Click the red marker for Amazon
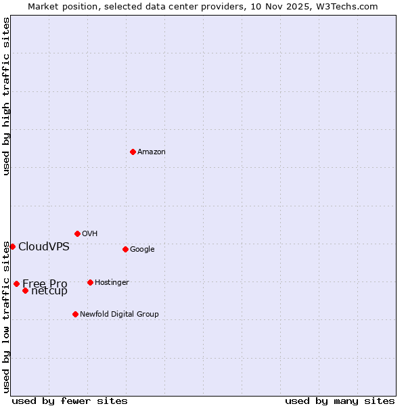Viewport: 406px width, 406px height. pyautogui.click(x=133, y=152)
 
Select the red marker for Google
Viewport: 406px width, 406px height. pyautogui.click(x=125, y=249)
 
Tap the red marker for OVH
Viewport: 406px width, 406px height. pyautogui.click(x=77, y=233)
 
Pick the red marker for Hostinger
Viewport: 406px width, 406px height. pyautogui.click(x=90, y=282)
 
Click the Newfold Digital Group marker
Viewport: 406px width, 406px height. pyautogui.click(x=75, y=314)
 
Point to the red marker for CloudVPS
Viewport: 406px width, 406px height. pyautogui.click(x=12, y=246)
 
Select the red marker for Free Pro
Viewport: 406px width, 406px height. pyautogui.click(x=16, y=284)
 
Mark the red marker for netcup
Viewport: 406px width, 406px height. pyautogui.click(x=25, y=290)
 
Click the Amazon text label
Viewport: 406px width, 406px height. pyautogui.click(x=152, y=152)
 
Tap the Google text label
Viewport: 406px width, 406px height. pyautogui.click(x=142, y=250)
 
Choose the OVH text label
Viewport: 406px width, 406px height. pyautogui.click(x=90, y=234)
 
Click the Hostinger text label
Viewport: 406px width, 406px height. pyautogui.click(x=112, y=283)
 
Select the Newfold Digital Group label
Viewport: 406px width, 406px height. pyautogui.click(x=119, y=315)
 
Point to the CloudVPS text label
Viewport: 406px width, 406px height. pyautogui.click(x=44, y=247)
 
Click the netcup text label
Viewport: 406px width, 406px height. pyautogui.click(x=50, y=292)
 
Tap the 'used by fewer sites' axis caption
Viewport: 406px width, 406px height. pyautogui.click(x=70, y=401)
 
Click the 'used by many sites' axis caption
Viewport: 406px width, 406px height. pyautogui.click(x=340, y=401)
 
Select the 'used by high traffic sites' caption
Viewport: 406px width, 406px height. pyautogui.click(x=6, y=96)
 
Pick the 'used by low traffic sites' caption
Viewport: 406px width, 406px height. pyautogui.click(x=6, y=317)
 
